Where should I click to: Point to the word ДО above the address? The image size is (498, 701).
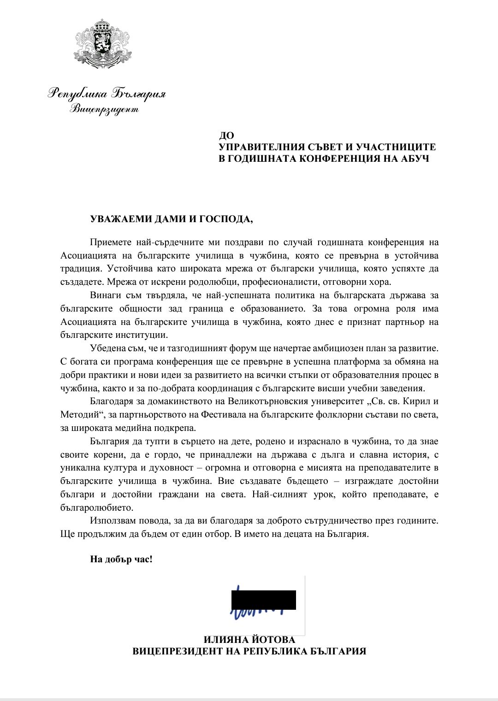pos(226,136)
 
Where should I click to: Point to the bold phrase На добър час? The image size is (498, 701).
pos(121,560)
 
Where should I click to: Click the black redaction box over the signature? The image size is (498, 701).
pos(263,600)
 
